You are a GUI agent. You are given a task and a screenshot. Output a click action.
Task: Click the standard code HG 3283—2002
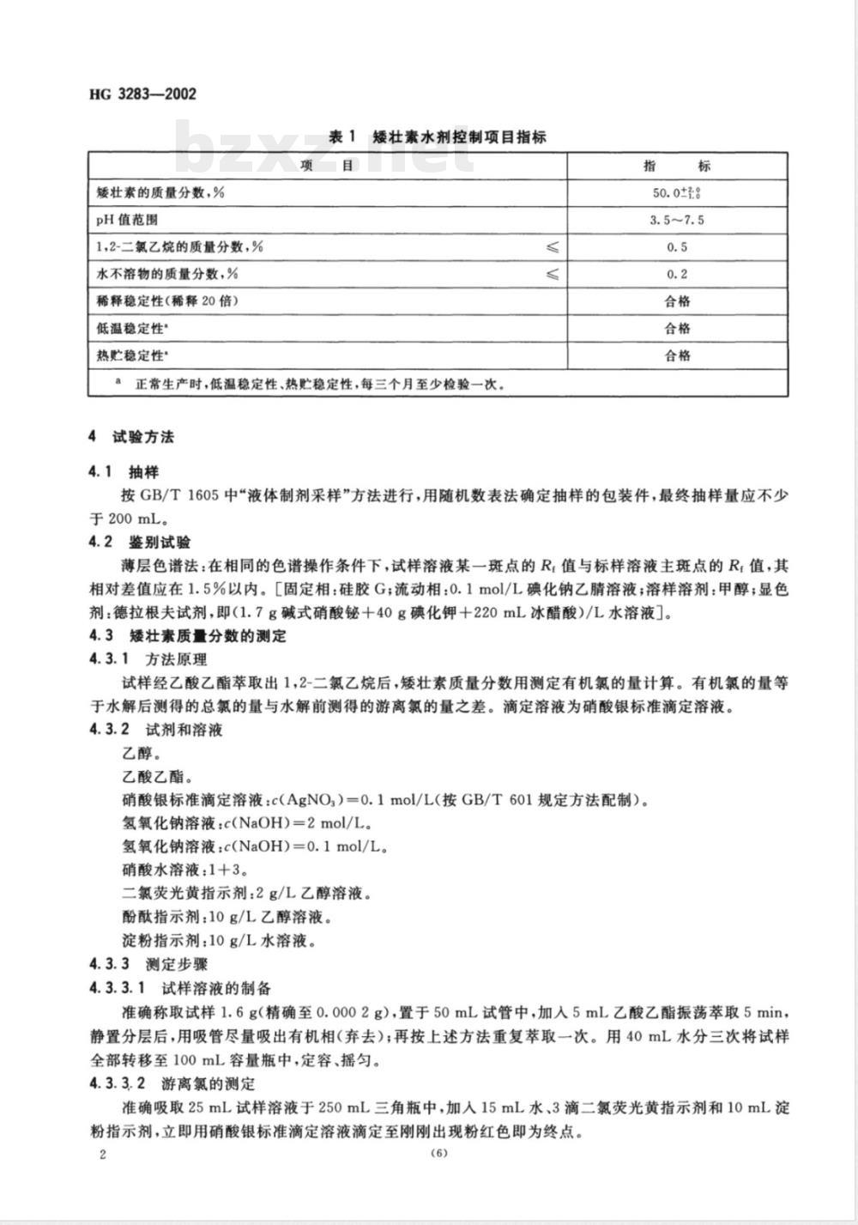pyautogui.click(x=142, y=94)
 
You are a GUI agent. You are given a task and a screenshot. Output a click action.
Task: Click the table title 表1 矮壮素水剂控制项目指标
pyautogui.click(x=438, y=136)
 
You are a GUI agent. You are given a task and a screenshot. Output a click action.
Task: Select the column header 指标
pyautogui.click(x=677, y=166)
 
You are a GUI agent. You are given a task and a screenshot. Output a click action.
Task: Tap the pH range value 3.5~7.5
pyautogui.click(x=677, y=220)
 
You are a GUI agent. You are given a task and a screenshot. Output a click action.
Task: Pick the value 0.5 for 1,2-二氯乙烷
pyautogui.click(x=677, y=247)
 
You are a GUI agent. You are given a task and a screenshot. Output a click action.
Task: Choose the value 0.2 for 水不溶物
pyautogui.click(x=677, y=275)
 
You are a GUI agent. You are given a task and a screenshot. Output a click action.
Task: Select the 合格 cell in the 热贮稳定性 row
pyautogui.click(x=677, y=355)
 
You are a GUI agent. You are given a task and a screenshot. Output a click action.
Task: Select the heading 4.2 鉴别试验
pyautogui.click(x=139, y=543)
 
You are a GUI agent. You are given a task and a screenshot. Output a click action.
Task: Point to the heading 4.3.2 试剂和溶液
pyautogui.click(x=155, y=730)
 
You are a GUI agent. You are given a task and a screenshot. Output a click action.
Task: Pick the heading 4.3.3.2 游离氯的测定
pyautogui.click(x=179, y=1083)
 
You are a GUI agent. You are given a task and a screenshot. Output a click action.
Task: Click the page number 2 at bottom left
pyautogui.click(x=103, y=1154)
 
